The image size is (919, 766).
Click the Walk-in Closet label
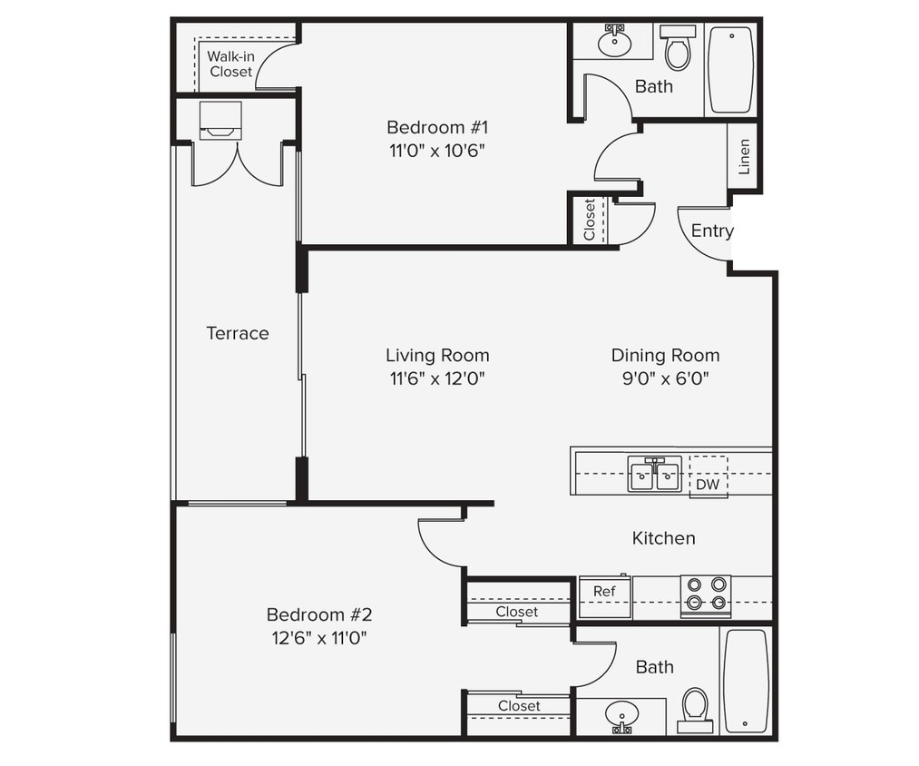coord(230,64)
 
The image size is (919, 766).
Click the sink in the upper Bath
coord(616,42)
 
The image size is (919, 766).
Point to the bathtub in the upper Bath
coord(730,70)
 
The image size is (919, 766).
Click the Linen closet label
coord(744,156)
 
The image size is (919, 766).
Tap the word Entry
coord(711,231)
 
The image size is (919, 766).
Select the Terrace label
coord(238,333)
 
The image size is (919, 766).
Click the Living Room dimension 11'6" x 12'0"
coord(437,379)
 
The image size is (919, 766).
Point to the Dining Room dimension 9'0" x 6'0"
coord(665,379)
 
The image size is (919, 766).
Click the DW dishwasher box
coord(708,485)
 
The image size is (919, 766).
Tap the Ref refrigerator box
coord(604,592)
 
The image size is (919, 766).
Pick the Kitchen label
coord(663,538)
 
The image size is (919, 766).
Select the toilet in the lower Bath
coord(695,709)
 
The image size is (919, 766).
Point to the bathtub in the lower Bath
coord(746,680)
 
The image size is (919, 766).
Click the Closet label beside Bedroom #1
coord(590,220)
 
